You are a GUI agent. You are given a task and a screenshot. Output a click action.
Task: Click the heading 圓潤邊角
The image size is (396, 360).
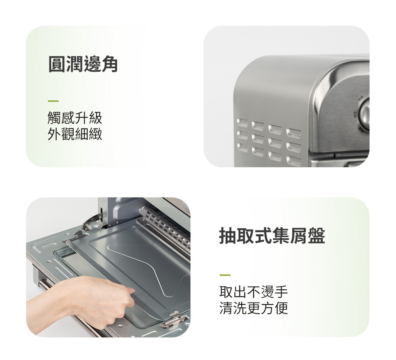(83, 64)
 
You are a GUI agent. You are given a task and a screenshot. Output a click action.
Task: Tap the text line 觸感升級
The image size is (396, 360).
(75, 118)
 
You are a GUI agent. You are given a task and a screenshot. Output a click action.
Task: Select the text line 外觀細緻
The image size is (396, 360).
(75, 134)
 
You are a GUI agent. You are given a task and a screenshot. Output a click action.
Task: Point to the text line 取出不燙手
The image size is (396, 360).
(253, 292)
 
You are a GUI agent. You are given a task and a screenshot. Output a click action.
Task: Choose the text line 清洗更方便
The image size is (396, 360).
(253, 308)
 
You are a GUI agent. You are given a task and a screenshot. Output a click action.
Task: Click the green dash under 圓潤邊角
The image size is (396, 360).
(53, 101)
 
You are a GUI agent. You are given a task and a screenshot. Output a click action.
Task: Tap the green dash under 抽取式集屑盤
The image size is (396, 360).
(225, 275)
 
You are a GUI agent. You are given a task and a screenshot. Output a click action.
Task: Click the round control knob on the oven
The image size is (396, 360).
(365, 113)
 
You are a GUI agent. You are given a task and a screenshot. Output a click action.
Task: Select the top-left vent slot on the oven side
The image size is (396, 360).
(242, 123)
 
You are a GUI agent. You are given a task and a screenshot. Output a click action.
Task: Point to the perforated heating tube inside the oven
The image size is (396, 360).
(165, 225)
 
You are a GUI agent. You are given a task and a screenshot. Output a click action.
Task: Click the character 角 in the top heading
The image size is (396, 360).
(109, 64)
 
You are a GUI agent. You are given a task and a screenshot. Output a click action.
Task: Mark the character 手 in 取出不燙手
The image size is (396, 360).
(281, 292)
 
